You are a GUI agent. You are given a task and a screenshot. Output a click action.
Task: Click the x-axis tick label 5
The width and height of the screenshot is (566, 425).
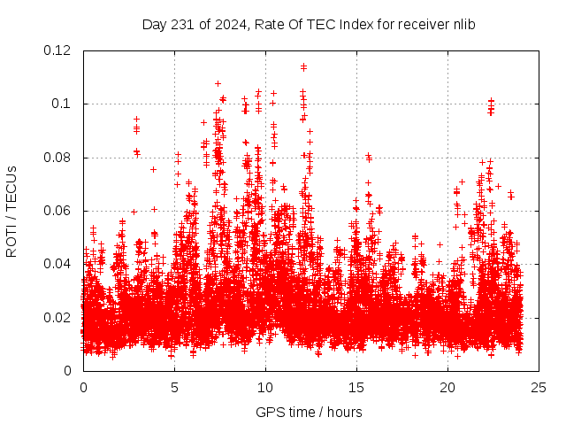pos(174,387)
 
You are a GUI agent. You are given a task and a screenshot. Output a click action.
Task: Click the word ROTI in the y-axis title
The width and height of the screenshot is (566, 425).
pos(11,240)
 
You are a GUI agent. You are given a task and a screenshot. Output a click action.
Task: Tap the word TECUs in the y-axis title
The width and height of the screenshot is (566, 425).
pos(11,189)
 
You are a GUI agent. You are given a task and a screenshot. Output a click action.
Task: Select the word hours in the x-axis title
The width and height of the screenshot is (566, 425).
pos(344,412)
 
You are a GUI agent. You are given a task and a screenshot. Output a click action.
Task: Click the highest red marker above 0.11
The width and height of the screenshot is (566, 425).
pos(303,66)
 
